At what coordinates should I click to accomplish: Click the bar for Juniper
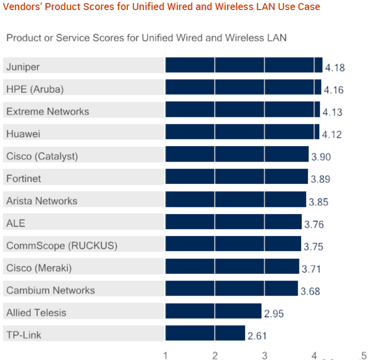[244, 65]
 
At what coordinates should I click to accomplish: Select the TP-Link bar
[205, 333]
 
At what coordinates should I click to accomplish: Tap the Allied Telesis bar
[213, 311]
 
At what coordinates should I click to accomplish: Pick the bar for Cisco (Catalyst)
[237, 155]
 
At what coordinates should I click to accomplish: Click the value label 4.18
[335, 68]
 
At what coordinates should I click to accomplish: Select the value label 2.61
[257, 336]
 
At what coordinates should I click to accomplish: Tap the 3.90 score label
[321, 157]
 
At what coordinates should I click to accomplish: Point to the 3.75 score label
[313, 247]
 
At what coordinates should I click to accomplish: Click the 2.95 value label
[274, 314]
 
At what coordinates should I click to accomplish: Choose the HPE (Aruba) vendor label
[35, 89]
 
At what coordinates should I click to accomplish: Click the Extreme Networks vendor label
[48, 111]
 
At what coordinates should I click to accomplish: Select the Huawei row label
[23, 134]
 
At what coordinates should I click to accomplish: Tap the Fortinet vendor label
[24, 178]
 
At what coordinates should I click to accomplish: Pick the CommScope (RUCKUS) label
[62, 246]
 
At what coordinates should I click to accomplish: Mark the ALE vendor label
[15, 223]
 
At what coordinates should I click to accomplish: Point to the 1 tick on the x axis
[166, 356]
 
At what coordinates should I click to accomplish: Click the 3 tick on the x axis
[265, 356]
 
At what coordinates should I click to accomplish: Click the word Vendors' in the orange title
[22, 7]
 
